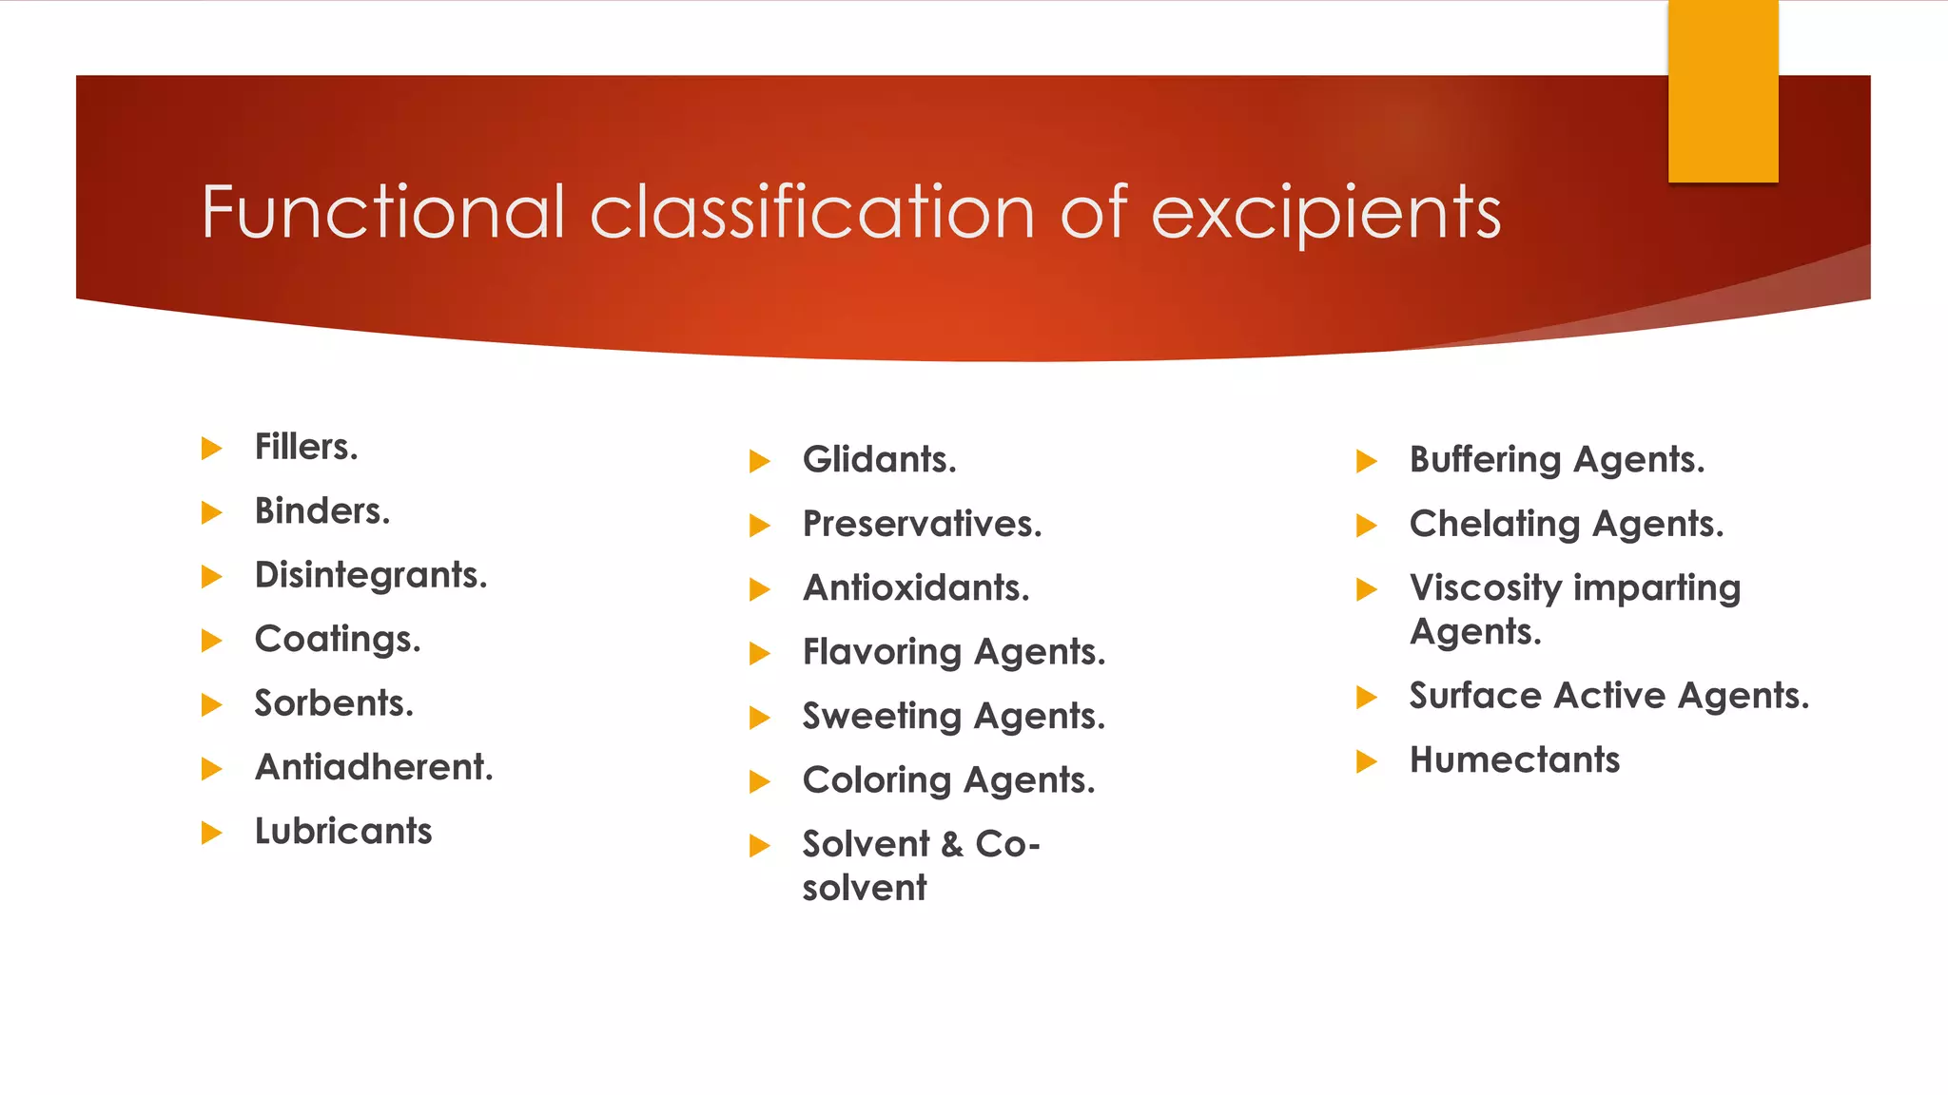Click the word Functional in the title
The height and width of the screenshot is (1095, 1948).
(383, 211)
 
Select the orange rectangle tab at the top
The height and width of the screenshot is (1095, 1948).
(1723, 91)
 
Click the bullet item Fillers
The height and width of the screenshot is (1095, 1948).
(306, 447)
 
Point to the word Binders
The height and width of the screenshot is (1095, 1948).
(322, 511)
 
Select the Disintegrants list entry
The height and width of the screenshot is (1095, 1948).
(371, 575)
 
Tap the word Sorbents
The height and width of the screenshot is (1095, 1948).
(334, 703)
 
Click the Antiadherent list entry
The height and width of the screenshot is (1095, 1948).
(374, 767)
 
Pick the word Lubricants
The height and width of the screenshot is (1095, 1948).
(343, 832)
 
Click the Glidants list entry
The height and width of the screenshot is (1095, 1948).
(879, 460)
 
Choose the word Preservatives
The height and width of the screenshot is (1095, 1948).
(922, 524)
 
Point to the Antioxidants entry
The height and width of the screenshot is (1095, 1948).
(916, 588)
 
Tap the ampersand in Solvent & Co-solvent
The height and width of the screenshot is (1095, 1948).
(952, 844)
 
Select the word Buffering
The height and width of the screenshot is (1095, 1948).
(1485, 460)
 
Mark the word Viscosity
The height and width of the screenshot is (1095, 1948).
(1485, 588)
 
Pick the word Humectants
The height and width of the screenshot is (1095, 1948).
(1514, 760)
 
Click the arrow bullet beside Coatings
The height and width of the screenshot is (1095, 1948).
(211, 641)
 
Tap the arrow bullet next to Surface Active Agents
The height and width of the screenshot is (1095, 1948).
(1366, 698)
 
